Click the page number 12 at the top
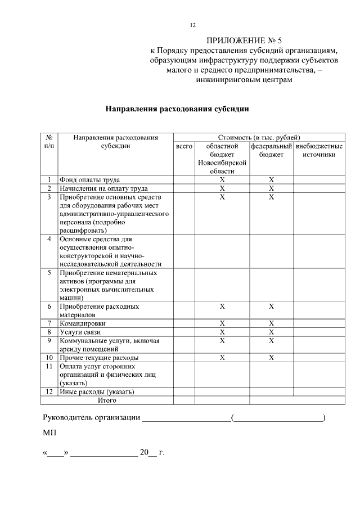tap(192, 25)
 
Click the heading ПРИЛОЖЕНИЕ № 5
tap(244, 40)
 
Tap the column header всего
tap(184, 146)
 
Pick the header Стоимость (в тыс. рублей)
tap(259, 137)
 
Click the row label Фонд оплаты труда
tap(91, 180)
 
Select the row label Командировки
tap(83, 323)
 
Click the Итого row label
tap(107, 400)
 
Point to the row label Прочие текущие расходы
tap(99, 357)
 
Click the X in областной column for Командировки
tap(222, 323)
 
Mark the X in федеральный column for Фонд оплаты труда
tap(271, 180)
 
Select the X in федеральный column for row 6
tap(271, 307)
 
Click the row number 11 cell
tap(49, 366)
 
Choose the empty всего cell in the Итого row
tap(184, 400)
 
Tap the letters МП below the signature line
tap(49, 434)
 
